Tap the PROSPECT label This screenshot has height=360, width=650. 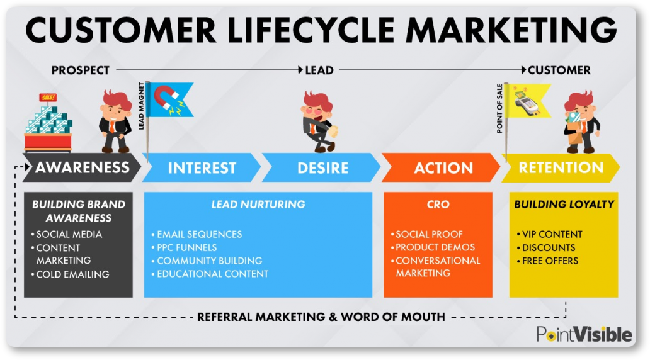coord(81,70)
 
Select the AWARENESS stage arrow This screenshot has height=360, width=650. coord(82,167)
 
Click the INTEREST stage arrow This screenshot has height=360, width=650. coord(202,167)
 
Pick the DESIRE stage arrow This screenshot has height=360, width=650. coord(322,167)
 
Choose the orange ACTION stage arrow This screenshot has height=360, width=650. coord(442,167)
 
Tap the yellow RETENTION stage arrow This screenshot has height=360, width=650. coord(561,167)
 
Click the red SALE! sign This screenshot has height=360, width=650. coord(48,98)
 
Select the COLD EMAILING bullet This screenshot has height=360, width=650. coord(70,274)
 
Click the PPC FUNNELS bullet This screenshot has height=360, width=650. coord(184,248)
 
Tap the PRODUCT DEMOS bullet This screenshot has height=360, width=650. coord(433,247)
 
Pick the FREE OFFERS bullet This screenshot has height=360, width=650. coord(547,261)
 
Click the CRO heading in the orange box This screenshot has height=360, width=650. coord(438,205)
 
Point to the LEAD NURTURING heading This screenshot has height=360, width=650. coord(258,205)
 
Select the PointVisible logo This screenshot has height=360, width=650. coord(584,334)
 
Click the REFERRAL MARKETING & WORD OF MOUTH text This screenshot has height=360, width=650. coord(321,317)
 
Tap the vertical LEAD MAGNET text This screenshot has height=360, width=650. coord(141,106)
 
